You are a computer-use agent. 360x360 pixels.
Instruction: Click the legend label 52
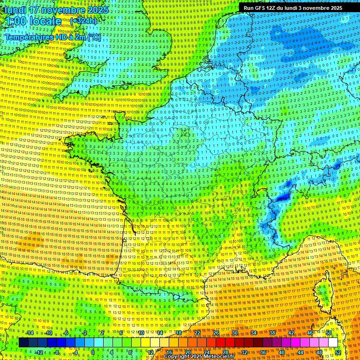(x=338, y=352)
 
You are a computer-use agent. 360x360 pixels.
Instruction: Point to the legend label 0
(x=93, y=352)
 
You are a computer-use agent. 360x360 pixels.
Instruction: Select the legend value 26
(x=216, y=333)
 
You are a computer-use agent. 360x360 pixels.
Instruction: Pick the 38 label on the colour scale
(x=272, y=333)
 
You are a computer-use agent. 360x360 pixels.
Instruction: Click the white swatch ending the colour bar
(x=333, y=343)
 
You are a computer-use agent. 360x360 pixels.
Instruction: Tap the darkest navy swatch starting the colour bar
(x=23, y=343)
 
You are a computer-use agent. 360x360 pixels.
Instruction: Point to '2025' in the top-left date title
(x=97, y=10)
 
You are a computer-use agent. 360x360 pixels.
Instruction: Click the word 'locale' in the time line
(x=45, y=21)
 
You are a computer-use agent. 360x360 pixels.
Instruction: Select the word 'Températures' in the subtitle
(x=29, y=37)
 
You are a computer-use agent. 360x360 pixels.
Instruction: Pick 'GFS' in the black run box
(x=261, y=8)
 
